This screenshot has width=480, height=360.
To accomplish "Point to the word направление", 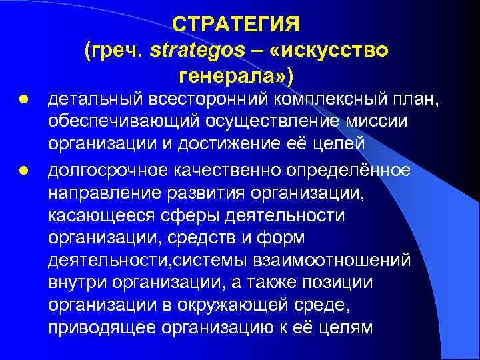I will (93, 192).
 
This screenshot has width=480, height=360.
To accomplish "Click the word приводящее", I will (93, 328).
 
